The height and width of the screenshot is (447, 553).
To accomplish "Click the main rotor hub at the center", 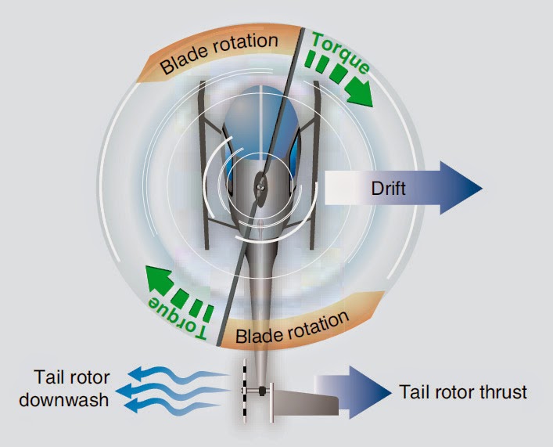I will click(261, 187).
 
